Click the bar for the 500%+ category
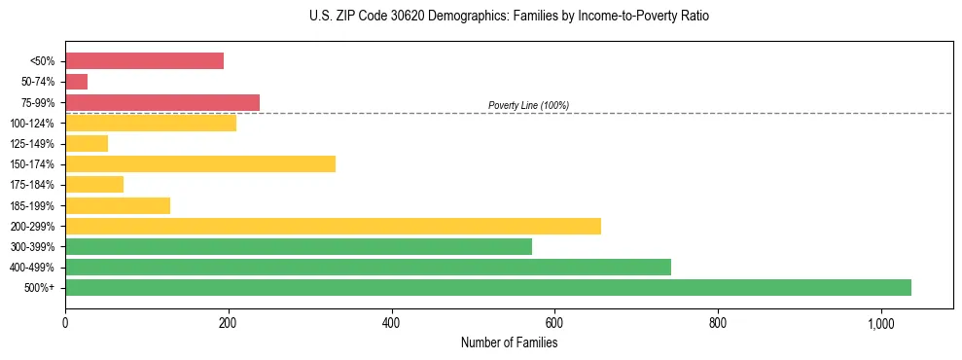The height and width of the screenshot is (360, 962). click(x=487, y=287)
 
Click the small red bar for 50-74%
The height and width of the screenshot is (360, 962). click(x=77, y=82)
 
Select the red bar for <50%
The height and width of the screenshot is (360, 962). click(x=144, y=61)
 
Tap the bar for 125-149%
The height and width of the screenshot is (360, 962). click(x=87, y=143)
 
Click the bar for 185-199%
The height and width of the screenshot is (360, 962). click(x=118, y=205)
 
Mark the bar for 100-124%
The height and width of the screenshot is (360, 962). click(x=151, y=123)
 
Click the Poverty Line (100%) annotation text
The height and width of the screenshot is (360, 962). click(x=528, y=105)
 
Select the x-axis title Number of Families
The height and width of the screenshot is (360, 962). click(x=509, y=342)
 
